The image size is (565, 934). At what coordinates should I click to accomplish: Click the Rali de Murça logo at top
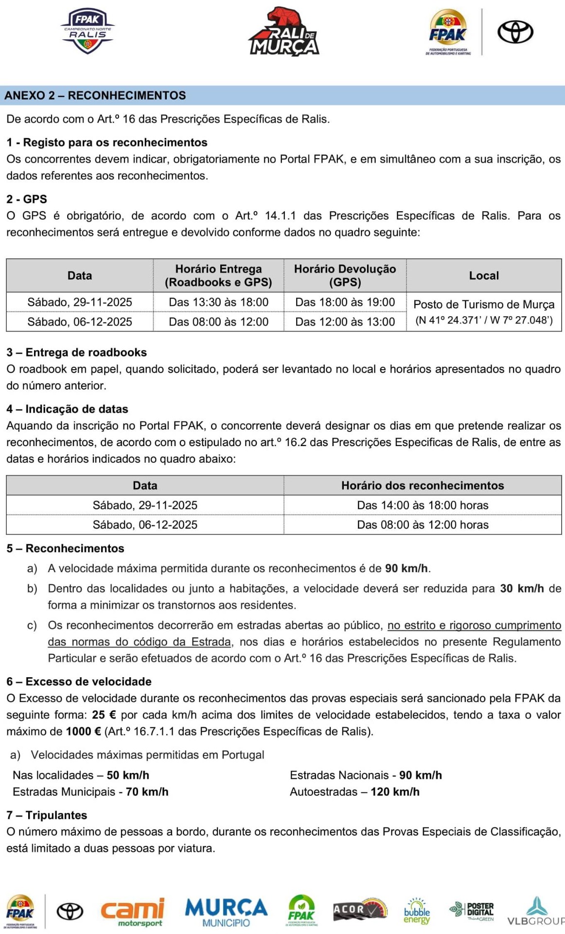point(284,32)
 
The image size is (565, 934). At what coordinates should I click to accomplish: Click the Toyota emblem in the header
point(515,32)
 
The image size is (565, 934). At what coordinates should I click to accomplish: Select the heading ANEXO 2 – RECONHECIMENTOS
point(95,95)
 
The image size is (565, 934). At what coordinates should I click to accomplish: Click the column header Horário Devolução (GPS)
point(345,275)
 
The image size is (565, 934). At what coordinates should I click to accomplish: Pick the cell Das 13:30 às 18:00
point(218,302)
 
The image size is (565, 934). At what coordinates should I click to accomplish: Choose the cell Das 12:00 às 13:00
point(345,322)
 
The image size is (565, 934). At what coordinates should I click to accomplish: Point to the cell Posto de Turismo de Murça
point(484,305)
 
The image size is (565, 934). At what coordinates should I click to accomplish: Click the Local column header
point(484,275)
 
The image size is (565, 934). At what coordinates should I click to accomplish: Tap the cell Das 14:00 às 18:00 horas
point(423,505)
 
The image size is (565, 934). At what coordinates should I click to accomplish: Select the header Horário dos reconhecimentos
point(423,485)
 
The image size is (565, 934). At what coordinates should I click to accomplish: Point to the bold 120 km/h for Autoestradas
point(395,791)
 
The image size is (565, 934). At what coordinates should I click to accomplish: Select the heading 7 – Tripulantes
point(47,815)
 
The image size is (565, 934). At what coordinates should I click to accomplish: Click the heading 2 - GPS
point(27,199)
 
